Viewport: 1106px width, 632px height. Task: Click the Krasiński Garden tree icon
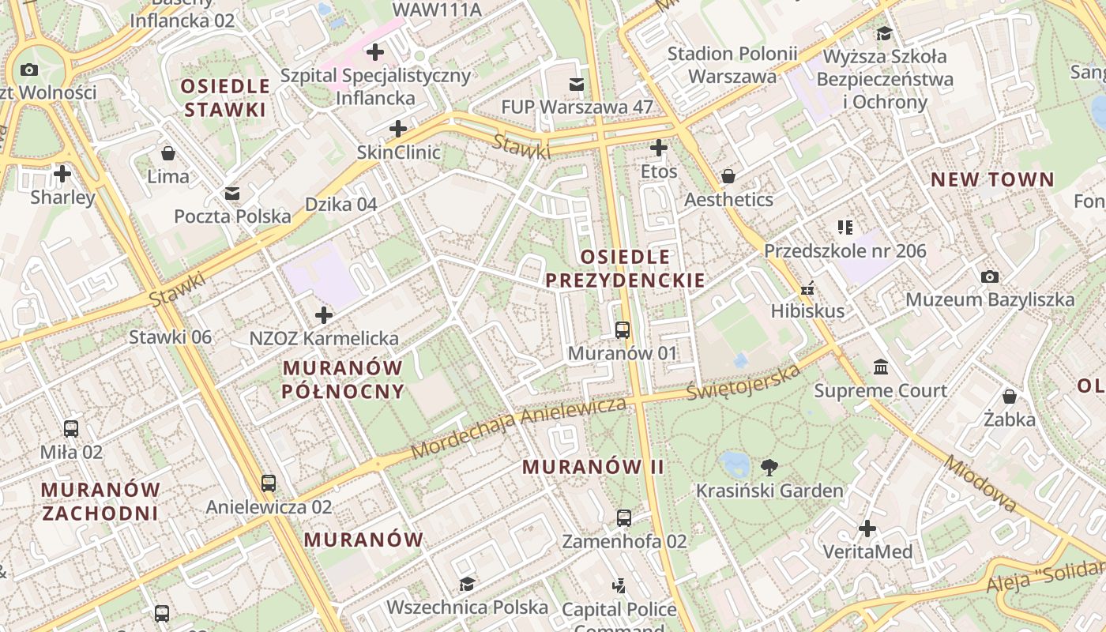(769, 467)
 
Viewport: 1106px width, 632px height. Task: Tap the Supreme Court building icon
(881, 367)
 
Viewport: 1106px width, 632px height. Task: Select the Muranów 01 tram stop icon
(623, 330)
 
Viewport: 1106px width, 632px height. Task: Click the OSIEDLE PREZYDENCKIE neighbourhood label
(625, 269)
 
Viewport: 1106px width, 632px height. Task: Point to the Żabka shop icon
(1009, 397)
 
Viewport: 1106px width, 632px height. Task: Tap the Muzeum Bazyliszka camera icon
(989, 276)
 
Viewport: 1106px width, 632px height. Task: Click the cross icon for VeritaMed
(867, 528)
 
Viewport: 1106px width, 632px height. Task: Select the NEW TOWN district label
(992, 179)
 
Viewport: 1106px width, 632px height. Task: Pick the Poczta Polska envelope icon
(232, 193)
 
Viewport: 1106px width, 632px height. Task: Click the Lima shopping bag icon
(167, 152)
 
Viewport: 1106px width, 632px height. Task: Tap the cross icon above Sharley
(62, 173)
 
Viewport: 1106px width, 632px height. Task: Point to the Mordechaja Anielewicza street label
(519, 427)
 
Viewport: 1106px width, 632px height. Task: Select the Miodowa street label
(980, 483)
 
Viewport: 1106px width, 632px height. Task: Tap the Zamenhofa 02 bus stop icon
(624, 518)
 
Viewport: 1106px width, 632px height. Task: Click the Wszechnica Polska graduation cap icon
(467, 584)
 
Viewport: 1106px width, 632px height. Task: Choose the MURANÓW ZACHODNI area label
(100, 501)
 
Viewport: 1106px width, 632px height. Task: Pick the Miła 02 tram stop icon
(71, 429)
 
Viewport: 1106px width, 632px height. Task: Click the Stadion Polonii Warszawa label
(732, 65)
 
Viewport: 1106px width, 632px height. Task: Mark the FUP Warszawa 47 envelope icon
(577, 84)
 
